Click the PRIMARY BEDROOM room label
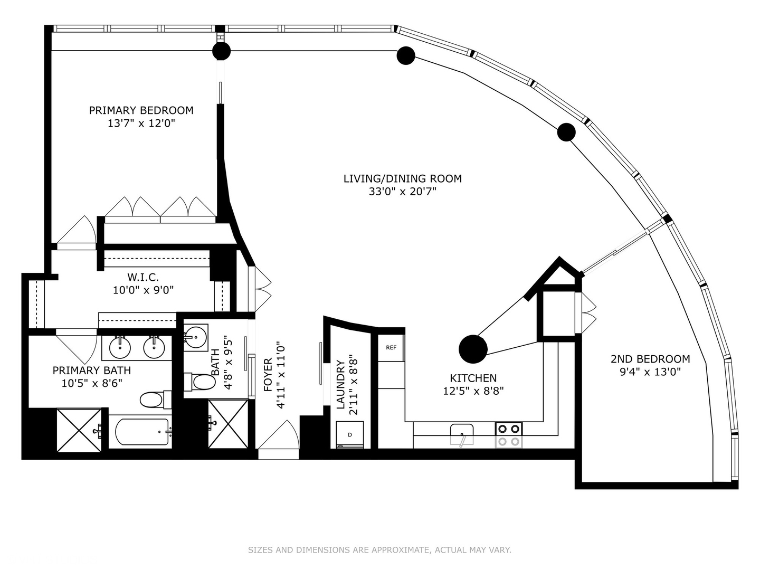point(141,110)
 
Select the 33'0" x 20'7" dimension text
point(402,192)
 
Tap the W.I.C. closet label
point(143,277)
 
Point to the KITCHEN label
point(473,378)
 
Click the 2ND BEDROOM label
point(650,359)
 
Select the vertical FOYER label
point(268,375)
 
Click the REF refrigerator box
point(391,348)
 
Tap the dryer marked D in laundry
point(350,435)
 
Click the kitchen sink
point(462,434)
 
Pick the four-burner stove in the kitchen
point(509,435)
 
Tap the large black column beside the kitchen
point(473,349)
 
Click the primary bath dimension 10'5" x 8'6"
point(92,383)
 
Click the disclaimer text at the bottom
point(379,550)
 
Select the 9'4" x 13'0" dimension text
point(650,372)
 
